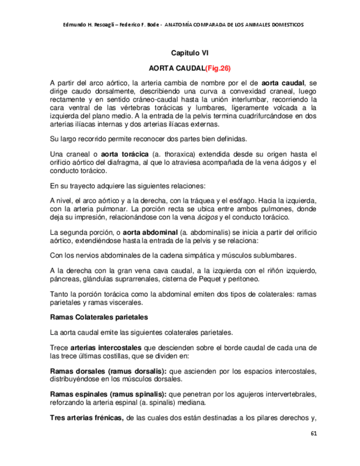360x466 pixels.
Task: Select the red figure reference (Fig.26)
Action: tap(218, 69)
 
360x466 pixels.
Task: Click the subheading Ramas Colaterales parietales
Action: tap(98, 317)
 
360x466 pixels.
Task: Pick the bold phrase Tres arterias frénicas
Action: tap(86, 418)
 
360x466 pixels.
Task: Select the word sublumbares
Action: tap(274, 256)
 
